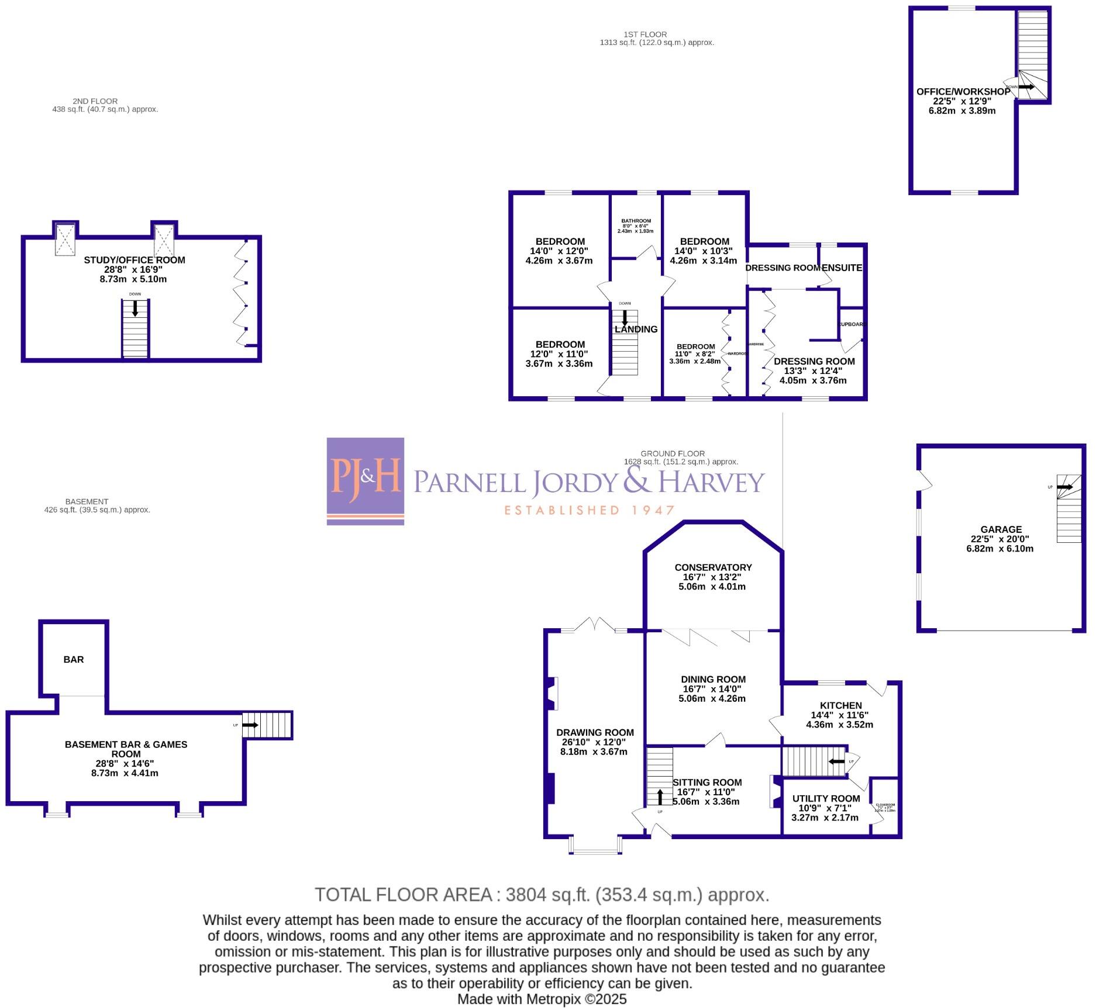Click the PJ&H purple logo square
pos(365,481)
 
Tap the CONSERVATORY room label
pos(713,567)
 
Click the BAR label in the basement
pos(74,659)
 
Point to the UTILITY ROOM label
pos(826,798)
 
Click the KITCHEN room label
pos(840,705)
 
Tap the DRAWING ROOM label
pos(595,732)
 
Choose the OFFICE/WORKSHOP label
pos(963,92)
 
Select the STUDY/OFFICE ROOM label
pos(135,260)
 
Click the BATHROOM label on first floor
pos(636,221)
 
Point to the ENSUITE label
pos(842,268)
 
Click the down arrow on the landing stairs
pos(625,318)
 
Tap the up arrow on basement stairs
pos(250,725)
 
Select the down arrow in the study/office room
pos(135,308)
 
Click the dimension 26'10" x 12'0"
pos(594,742)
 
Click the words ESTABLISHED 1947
pos(590,510)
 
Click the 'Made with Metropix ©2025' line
pos(542,999)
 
